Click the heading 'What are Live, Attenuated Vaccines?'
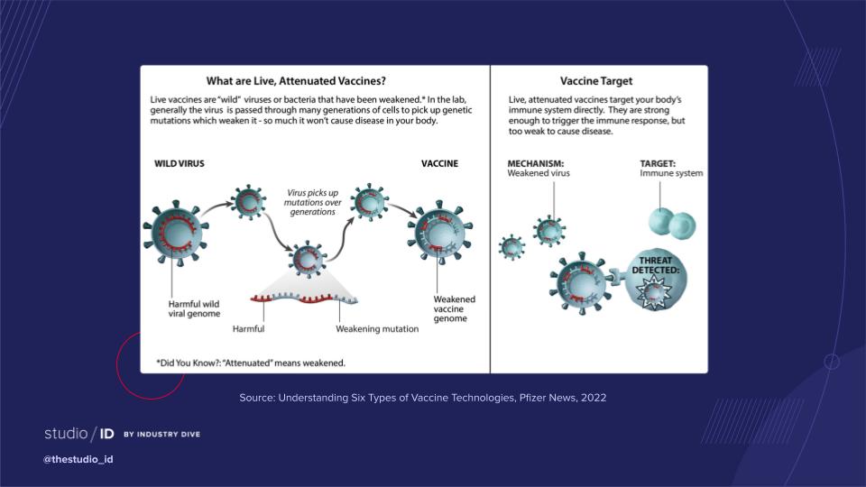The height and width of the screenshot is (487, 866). click(x=296, y=80)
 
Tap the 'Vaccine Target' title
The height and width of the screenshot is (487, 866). click(x=596, y=80)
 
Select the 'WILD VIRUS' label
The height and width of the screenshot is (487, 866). click(x=179, y=163)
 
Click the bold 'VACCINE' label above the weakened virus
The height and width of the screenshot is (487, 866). click(x=439, y=163)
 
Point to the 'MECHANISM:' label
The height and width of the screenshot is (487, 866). click(x=535, y=163)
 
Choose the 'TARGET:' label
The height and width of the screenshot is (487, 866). click(x=658, y=163)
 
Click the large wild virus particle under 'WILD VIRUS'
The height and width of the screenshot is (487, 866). click(x=176, y=233)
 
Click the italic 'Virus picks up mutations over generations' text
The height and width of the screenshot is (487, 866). click(x=313, y=202)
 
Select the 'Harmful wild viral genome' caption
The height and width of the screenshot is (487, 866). click(x=194, y=308)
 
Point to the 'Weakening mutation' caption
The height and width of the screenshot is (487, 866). click(x=377, y=329)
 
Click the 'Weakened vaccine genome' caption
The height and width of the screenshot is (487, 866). click(x=454, y=308)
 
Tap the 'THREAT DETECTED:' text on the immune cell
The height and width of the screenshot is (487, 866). click(x=656, y=265)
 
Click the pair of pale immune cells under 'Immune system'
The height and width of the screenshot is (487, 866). click(x=671, y=223)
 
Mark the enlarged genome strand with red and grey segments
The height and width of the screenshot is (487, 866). click(x=304, y=299)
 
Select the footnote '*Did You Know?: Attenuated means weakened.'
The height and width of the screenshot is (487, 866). click(x=251, y=363)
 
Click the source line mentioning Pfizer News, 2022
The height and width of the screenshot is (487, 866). click(x=422, y=398)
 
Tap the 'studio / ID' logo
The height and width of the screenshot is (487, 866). click(x=79, y=434)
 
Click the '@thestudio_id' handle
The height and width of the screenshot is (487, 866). click(x=78, y=459)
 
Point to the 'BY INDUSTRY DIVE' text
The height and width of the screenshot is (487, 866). click(x=161, y=435)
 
